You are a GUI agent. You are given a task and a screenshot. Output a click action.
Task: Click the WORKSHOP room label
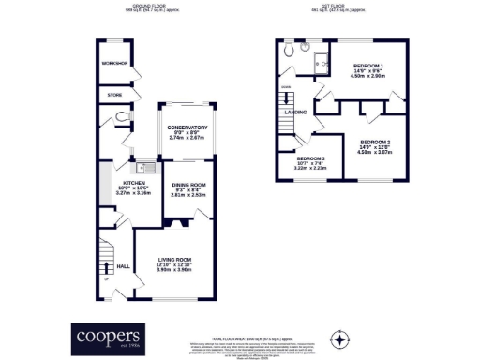coord(114,63)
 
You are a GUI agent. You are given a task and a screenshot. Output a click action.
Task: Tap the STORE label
coord(114,95)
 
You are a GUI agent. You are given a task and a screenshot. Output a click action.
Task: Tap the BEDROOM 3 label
coord(310,159)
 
